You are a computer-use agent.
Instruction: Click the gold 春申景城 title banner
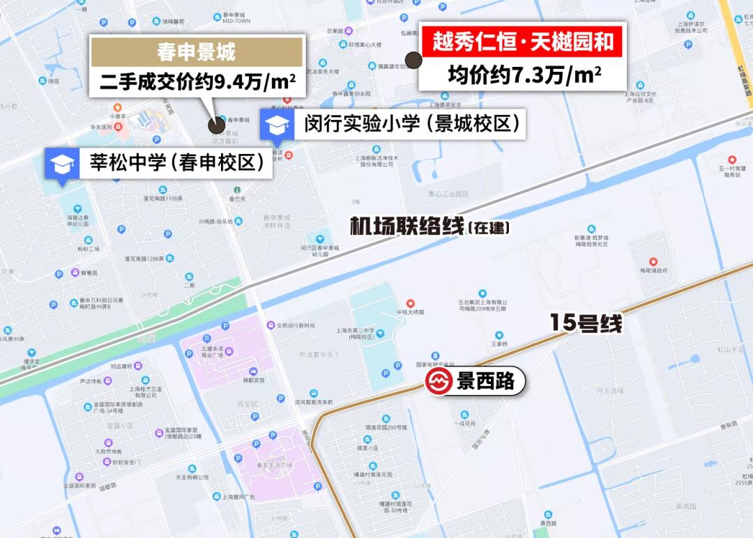(196, 52)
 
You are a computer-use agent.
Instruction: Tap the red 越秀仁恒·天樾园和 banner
(523, 43)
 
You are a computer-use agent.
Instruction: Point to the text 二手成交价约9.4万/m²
(197, 83)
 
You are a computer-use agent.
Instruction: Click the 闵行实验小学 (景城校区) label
(413, 125)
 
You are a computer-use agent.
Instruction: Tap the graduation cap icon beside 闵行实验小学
(275, 125)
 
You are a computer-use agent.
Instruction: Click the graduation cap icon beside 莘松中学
(61, 164)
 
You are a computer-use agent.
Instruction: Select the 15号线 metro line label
(585, 323)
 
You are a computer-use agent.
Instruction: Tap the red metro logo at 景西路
(439, 383)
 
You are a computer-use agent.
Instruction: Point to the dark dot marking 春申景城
(217, 126)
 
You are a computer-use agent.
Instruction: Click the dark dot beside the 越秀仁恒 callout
(413, 60)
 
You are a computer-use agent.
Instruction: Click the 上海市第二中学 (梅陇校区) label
(365, 333)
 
